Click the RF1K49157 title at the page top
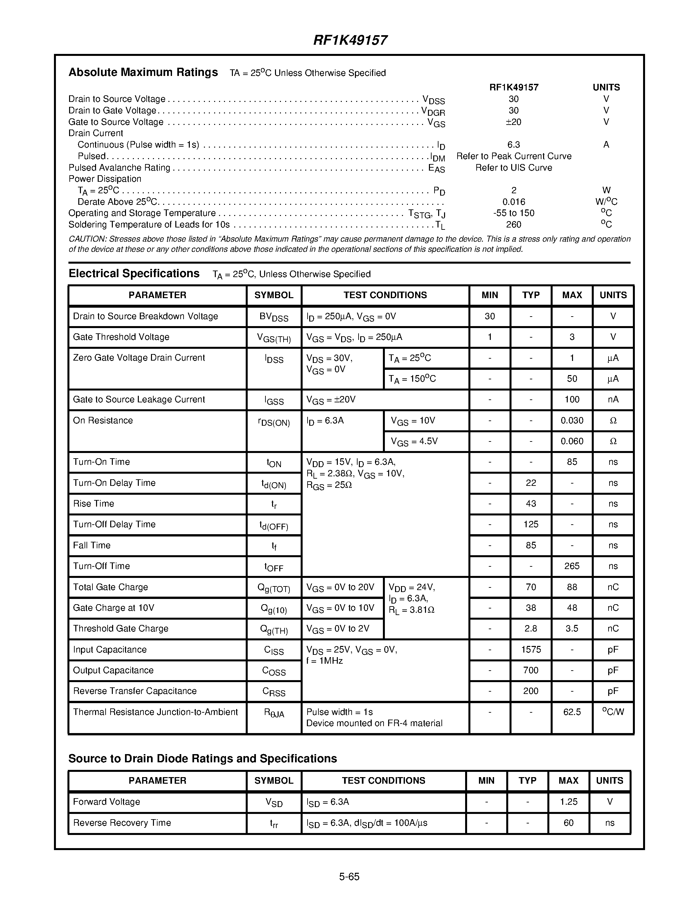tap(350, 40)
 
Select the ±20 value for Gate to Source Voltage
tap(513, 122)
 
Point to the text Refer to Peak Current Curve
tap(513, 156)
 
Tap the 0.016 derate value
tap(513, 202)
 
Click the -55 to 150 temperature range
tap(513, 213)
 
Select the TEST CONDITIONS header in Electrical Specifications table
tap(385, 295)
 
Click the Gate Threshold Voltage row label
tap(121, 337)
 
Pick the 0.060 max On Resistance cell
tap(572, 441)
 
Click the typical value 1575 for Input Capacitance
tap(531, 650)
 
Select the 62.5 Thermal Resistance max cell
tap(572, 712)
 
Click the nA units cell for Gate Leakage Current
tap(613, 399)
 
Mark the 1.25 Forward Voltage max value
tap(568, 802)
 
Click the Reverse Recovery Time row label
tap(122, 822)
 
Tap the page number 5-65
tap(349, 876)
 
